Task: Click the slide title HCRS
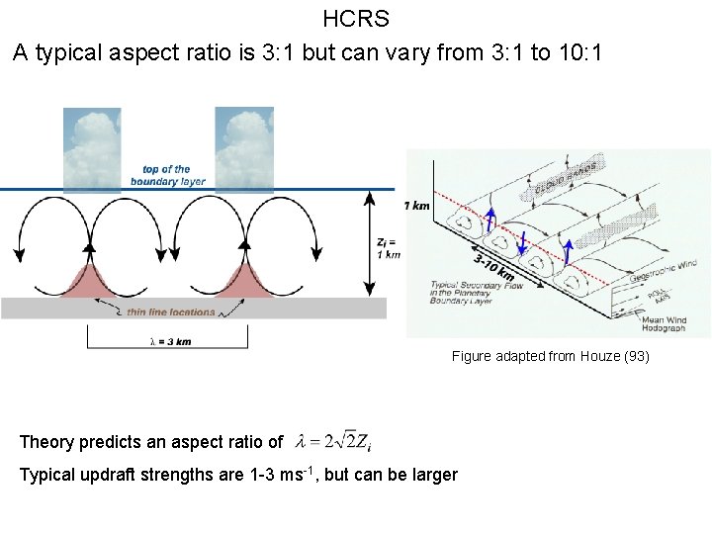click(356, 18)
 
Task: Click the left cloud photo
click(92, 148)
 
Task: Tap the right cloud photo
click(244, 148)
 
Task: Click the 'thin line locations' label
click(170, 312)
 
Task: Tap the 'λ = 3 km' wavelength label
click(169, 341)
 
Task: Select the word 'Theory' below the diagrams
click(44, 442)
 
